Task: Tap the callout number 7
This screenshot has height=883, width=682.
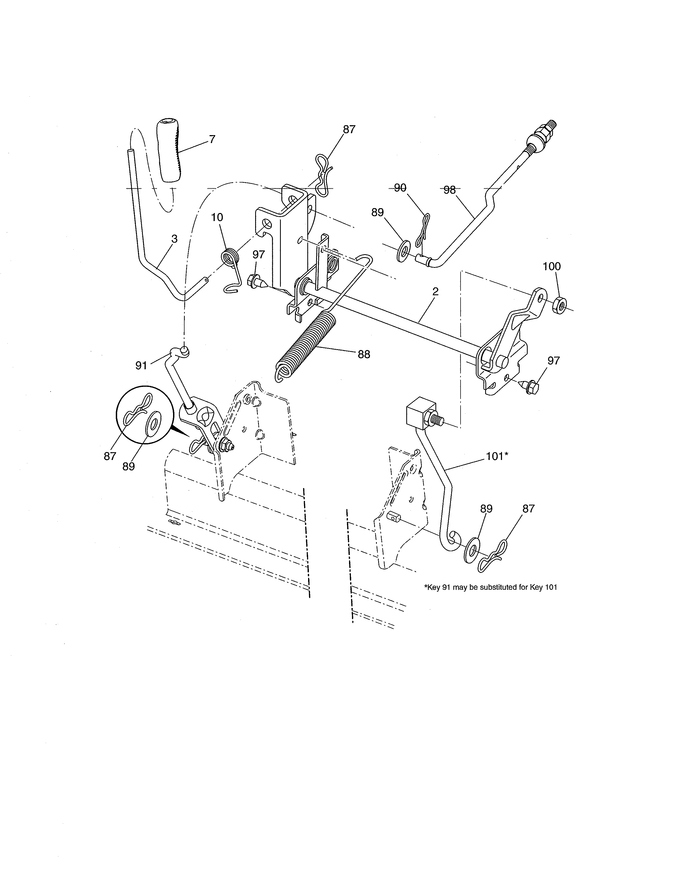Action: point(212,139)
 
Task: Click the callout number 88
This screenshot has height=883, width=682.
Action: point(364,354)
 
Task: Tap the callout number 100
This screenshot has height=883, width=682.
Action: point(551,267)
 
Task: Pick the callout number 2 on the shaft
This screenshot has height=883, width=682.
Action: point(435,291)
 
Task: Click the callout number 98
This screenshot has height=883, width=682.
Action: point(449,190)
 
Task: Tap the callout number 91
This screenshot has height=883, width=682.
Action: point(141,366)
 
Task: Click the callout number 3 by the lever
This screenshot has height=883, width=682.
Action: point(174,239)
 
